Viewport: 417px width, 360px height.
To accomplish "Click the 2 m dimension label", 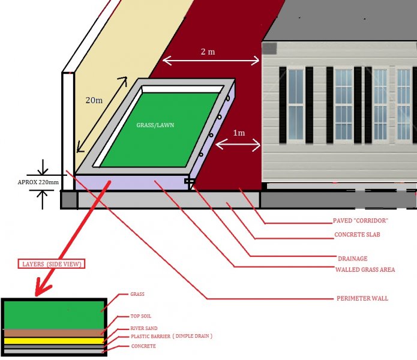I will [x=208, y=52].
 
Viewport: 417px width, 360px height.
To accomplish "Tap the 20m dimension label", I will [x=94, y=100].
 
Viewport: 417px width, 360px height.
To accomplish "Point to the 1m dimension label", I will [x=239, y=133].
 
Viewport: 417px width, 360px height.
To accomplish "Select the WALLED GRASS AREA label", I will [x=365, y=269].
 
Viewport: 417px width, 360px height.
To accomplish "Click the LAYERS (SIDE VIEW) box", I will [x=51, y=264].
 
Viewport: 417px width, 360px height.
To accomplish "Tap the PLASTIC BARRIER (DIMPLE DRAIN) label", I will [x=172, y=336].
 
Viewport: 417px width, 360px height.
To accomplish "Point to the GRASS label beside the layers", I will [x=137, y=295].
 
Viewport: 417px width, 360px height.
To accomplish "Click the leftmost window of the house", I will [x=296, y=106].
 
